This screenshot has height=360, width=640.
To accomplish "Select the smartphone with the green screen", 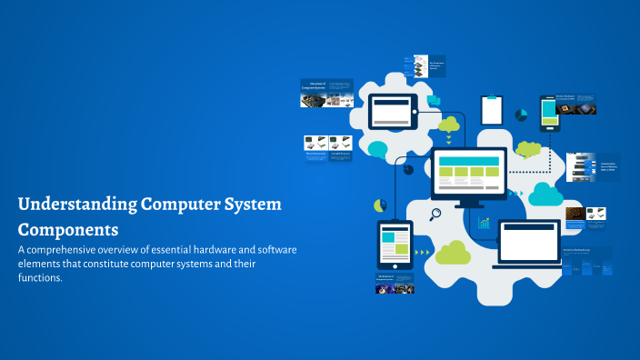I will pos(548,113).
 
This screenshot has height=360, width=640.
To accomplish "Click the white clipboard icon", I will pos(491,109).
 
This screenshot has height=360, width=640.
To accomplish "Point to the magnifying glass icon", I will pos(435,215).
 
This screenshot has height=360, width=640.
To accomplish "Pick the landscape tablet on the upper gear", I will pos(393,113).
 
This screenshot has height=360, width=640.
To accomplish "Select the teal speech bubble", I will pos(377,149).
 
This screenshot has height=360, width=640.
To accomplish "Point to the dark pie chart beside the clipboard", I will pos(521,115).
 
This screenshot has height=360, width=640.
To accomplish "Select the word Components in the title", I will pos(68,228).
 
